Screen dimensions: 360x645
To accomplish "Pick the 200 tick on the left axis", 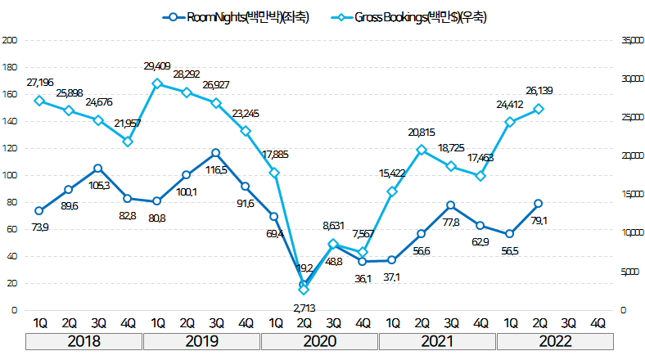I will tap(10, 40).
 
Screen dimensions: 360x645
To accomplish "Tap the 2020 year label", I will tap(319, 341).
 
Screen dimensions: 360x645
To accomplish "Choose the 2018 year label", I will tap(83, 341).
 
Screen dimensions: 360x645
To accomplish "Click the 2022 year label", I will tap(556, 341).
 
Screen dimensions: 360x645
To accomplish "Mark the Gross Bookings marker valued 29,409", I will tap(156, 83).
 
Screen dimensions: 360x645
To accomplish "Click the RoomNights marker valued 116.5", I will tap(215, 153).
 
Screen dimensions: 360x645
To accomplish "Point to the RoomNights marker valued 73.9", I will tap(38, 210).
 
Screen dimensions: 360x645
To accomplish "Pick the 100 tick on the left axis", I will tap(10, 175).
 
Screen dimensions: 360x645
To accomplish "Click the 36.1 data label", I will tap(363, 278).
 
